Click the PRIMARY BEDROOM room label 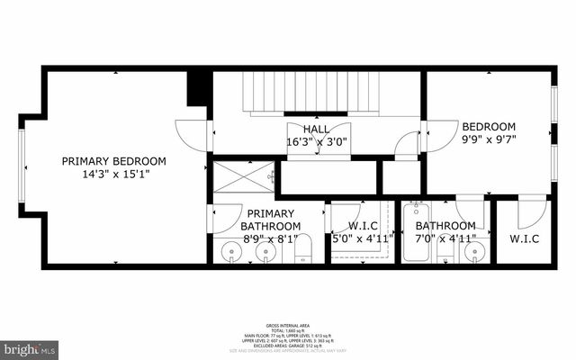point(113,161)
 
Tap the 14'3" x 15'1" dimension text point(113,174)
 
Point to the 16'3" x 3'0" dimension point(316,142)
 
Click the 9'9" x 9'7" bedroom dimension point(488,139)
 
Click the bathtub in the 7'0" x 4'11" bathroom point(416,232)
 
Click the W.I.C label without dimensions point(524,239)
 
